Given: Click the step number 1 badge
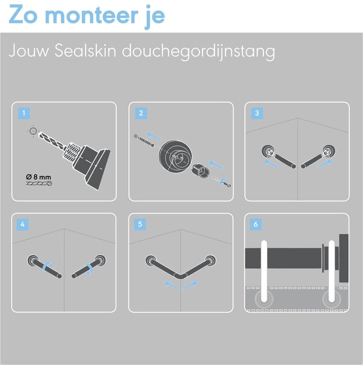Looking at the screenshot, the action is coord(24,113).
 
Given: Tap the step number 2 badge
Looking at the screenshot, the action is coord(141,113).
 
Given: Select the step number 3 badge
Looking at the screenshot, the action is coord(257,113).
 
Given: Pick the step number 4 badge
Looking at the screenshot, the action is coord(22,224).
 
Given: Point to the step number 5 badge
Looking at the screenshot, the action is coord(140,224).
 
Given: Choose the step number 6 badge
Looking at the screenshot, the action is coord(256,224).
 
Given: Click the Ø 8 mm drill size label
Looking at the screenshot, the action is coord(38,177).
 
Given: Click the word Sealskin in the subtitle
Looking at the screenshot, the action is coord(85,51).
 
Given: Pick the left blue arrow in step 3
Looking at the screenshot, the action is coord(271,164).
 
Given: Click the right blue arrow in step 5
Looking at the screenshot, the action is coord(190,285).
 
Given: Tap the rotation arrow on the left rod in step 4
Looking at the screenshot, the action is coord(47,267).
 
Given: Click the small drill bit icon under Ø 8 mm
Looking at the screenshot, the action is coord(39,183).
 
